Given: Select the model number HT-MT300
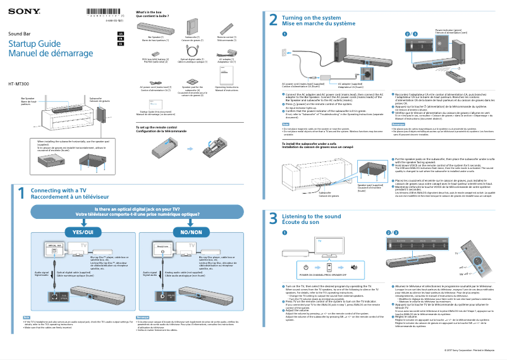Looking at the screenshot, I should click(x=20, y=84).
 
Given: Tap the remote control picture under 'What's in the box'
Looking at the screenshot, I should click(x=226, y=29).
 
